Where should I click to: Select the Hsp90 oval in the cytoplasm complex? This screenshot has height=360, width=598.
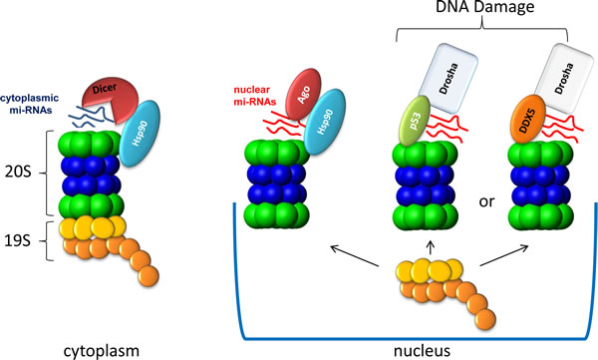(140, 134)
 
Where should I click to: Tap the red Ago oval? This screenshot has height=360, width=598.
(303, 95)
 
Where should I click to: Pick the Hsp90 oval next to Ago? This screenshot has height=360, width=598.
(325, 122)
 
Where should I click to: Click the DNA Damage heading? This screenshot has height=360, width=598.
(484, 7)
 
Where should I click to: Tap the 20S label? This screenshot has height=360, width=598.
(18, 173)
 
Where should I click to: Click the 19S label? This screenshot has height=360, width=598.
(18, 241)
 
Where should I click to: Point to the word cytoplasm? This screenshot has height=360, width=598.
(101, 351)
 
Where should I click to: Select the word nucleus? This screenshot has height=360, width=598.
(422, 350)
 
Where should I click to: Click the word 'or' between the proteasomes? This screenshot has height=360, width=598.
(486, 201)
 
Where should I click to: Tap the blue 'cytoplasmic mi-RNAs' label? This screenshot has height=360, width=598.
(29, 105)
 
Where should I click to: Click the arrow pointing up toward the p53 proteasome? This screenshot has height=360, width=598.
(431, 247)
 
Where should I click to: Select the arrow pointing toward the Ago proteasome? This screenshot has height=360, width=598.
(355, 255)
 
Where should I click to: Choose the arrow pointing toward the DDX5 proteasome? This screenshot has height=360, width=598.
(503, 255)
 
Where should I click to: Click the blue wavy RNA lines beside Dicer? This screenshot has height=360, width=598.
(92, 116)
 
